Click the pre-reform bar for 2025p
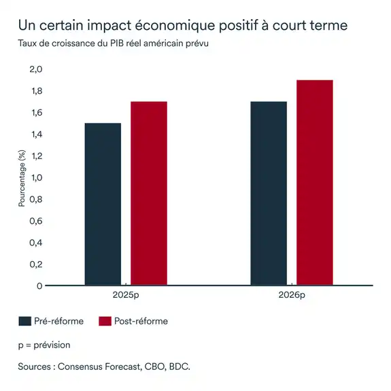click(x=103, y=204)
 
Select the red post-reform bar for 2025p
click(x=149, y=194)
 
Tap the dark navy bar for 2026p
click(x=269, y=194)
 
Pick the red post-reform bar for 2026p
click(x=315, y=183)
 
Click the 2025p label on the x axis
click(x=126, y=296)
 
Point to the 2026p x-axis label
click(x=292, y=296)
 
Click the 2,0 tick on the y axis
click(x=35, y=69)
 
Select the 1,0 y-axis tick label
click(x=35, y=177)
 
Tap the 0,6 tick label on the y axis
click(x=35, y=221)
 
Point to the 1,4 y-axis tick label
click(x=35, y=134)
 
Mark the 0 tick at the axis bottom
click(x=39, y=286)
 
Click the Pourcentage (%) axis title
click(x=21, y=177)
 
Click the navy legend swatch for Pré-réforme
click(x=26, y=321)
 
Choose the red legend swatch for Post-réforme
click(x=105, y=321)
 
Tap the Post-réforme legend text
click(x=142, y=321)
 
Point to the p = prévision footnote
click(x=44, y=345)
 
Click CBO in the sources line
click(x=155, y=367)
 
